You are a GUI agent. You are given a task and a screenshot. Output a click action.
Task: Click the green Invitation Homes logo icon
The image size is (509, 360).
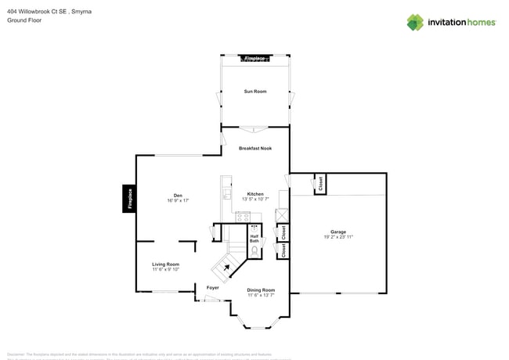(415, 22)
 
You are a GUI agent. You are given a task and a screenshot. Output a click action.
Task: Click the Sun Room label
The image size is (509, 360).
(255, 92)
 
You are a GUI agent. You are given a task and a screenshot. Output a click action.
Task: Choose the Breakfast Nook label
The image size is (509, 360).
(255, 148)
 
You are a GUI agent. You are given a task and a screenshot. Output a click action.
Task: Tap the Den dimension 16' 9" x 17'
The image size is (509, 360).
(179, 201)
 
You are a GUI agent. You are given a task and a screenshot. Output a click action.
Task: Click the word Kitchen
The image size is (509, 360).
(255, 193)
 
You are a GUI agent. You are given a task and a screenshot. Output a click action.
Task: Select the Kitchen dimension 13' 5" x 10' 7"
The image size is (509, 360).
(255, 200)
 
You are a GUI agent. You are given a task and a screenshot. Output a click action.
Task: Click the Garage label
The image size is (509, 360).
(338, 232)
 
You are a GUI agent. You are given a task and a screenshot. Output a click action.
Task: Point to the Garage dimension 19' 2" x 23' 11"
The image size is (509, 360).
(338, 237)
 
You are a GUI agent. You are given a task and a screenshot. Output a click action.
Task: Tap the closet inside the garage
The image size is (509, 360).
(319, 184)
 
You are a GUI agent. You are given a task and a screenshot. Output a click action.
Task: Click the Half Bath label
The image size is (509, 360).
(254, 238)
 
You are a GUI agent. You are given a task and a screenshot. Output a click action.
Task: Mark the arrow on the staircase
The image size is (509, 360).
(228, 268)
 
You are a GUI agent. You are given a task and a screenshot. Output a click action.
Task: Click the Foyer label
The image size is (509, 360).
(212, 287)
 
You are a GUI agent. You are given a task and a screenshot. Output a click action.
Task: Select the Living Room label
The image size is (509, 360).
(166, 264)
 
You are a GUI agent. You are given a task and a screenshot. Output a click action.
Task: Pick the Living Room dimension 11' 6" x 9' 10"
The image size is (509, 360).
(166, 270)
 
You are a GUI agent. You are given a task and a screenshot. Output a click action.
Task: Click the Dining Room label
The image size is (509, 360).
(261, 290)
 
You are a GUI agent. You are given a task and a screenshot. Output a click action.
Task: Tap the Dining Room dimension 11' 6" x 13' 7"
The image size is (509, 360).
(261, 296)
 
